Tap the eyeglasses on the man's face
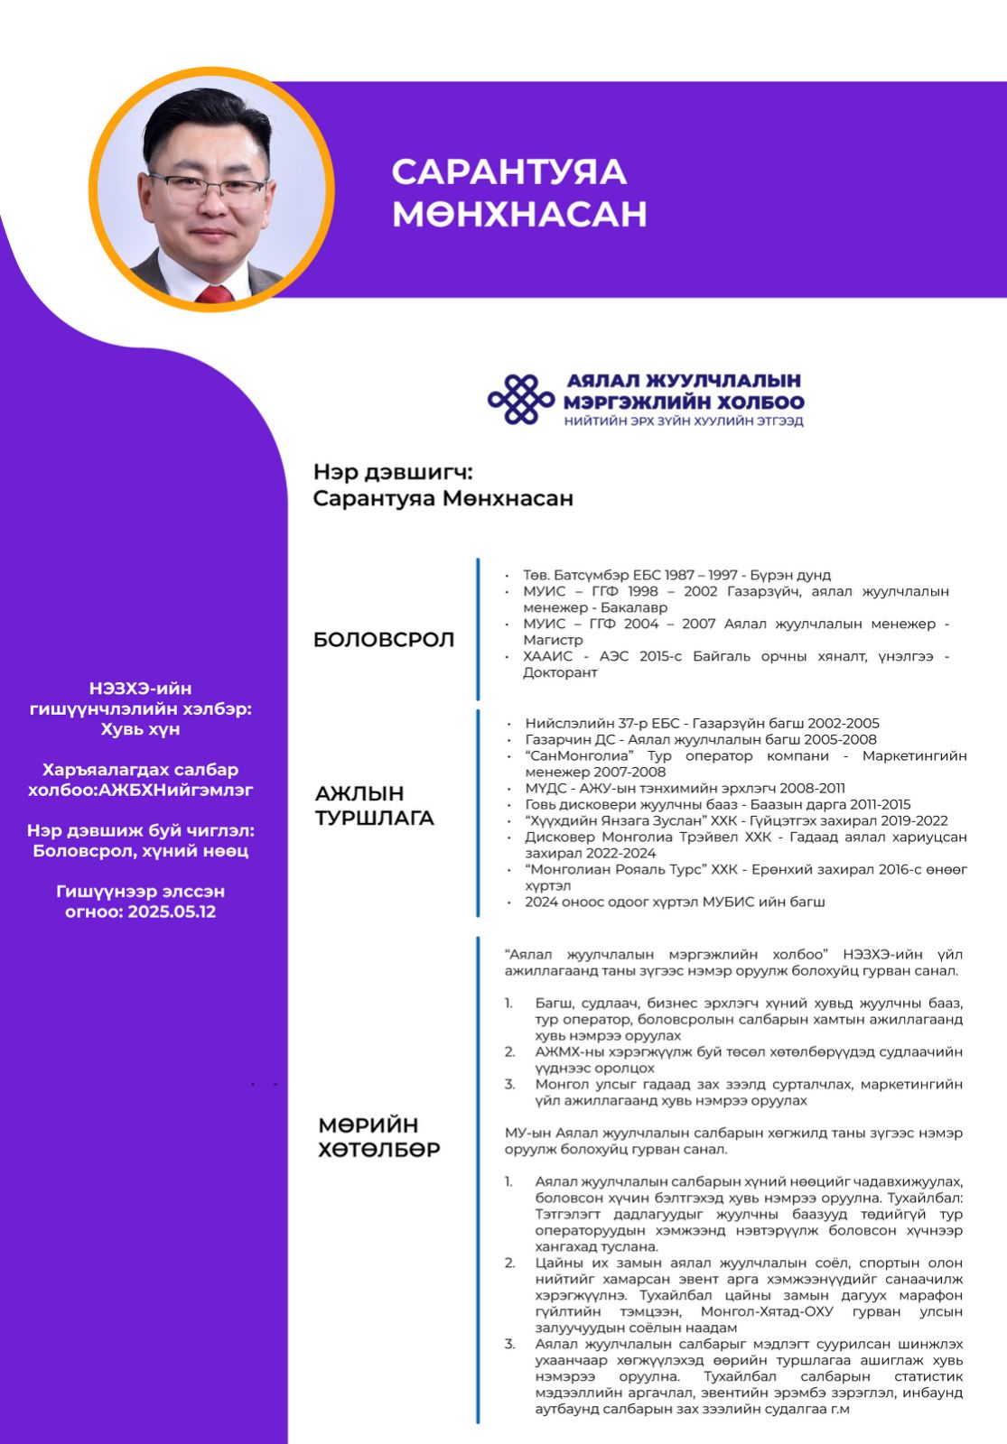pos(208,187)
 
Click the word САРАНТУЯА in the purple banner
pos(508,171)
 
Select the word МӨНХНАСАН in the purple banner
pos(519,214)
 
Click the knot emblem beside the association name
pos(520,399)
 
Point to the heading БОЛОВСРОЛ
pos(383,640)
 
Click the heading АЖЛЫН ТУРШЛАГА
pos(374,806)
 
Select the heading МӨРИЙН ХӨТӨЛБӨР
pos(379,1137)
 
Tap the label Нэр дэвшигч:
pos(393,472)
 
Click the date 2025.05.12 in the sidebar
pos(172,912)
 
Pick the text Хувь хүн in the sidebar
pos(140,729)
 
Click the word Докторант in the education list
pos(560,672)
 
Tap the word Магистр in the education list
pos(553,640)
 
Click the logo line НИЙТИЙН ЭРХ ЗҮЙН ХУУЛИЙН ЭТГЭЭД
pos(684,421)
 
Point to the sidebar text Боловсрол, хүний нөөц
pos(140,851)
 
